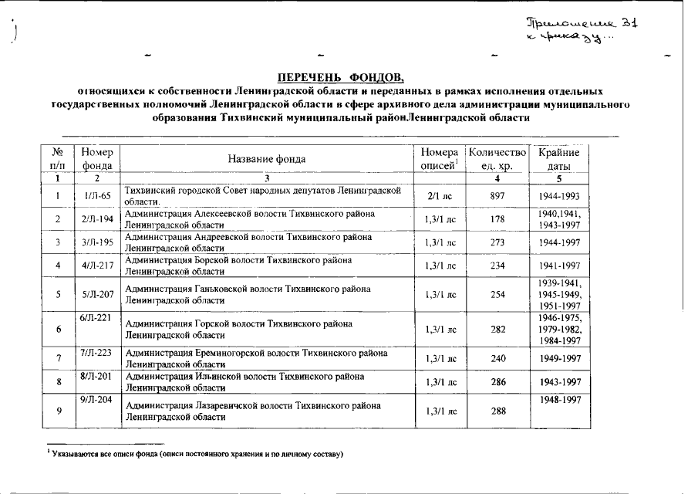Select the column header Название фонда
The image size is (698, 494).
tap(267, 159)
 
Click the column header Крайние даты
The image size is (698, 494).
tap(559, 159)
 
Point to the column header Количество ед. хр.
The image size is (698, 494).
tap(497, 159)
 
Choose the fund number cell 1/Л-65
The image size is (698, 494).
tap(98, 196)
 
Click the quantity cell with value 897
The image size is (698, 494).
tap(497, 196)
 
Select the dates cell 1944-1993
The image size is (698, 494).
tap(559, 196)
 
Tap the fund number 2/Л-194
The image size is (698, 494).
tap(98, 220)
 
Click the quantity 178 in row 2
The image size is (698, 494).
tap(497, 220)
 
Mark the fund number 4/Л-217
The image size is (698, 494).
tap(98, 266)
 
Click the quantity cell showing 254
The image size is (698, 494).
tap(497, 294)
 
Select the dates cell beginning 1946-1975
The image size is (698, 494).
tap(559, 330)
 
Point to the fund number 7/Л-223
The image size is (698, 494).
tap(98, 353)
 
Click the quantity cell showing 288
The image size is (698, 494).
tap(497, 411)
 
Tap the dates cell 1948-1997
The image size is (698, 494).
tap(559, 400)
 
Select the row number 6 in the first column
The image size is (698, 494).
tap(59, 330)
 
